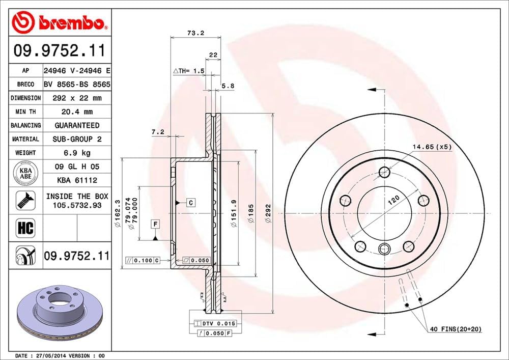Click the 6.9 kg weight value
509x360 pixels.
[76, 153]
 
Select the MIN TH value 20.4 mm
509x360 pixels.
[76, 112]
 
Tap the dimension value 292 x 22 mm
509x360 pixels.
[76, 98]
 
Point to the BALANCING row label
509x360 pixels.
[25, 125]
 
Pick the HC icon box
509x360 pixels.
[25, 228]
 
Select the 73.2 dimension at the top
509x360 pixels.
[195, 33]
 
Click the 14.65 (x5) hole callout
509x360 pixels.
[432, 147]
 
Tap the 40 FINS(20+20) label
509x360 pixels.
[455, 329]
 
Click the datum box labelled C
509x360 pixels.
[190, 203]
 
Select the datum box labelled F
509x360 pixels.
[155, 224]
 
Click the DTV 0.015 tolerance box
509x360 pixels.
[209, 323]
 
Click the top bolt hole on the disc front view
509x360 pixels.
[384, 172]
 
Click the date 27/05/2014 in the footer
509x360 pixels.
[52, 355]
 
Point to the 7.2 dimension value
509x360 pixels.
[157, 132]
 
